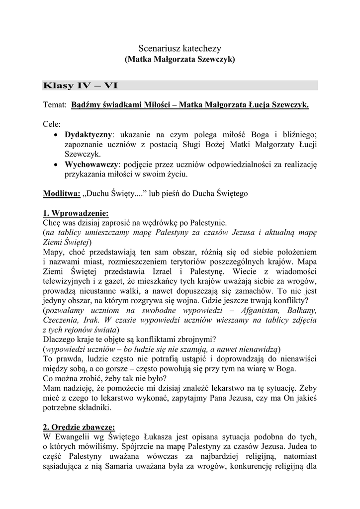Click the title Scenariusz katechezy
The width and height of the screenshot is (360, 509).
click(179, 48)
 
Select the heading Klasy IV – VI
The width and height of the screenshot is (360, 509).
click(81, 85)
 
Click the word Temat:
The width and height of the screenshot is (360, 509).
click(55, 105)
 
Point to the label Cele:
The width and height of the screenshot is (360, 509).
click(52, 124)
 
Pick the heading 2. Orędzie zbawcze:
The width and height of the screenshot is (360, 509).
click(79, 427)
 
